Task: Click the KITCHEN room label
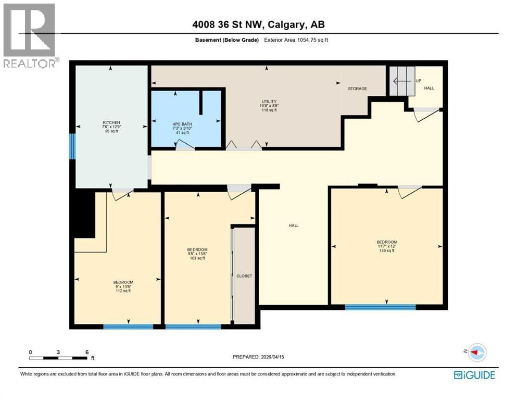[111, 122]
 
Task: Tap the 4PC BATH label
[182, 124]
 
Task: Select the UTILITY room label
[269, 102]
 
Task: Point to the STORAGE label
[357, 89]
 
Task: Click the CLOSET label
[244, 276]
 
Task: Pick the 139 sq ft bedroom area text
[387, 251]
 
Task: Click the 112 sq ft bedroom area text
[123, 291]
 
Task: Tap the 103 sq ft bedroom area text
[197, 258]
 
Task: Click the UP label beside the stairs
[419, 81]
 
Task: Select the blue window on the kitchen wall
[72, 146]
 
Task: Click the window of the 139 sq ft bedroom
[380, 307]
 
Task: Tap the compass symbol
[477, 352]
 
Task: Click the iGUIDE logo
[474, 375]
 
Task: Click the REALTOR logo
[29, 35]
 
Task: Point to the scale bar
[58, 358]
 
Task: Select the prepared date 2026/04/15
[272, 357]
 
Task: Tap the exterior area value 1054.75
[307, 40]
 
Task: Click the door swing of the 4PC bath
[185, 145]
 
